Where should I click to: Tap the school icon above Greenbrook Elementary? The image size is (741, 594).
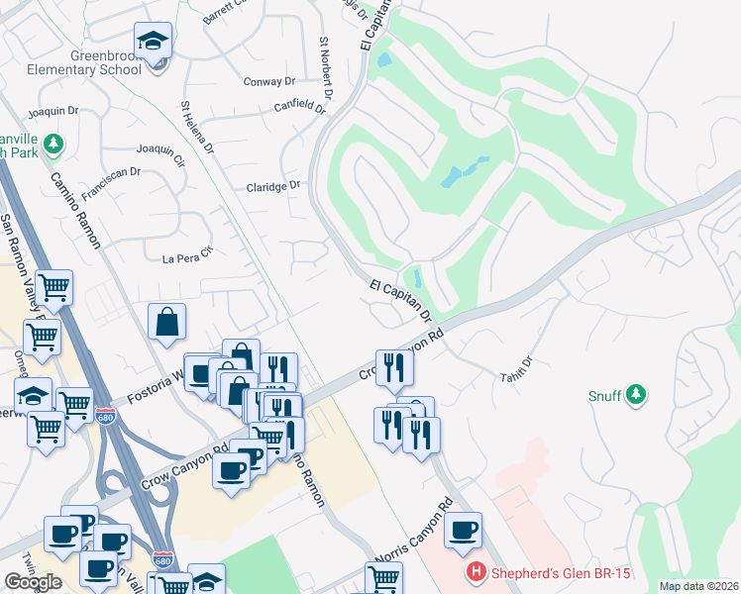click(152, 42)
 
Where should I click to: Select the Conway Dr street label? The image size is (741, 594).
click(269, 83)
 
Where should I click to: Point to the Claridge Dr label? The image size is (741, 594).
click(272, 186)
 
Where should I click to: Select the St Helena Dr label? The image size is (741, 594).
click(196, 126)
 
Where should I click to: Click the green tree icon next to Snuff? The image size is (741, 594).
click(636, 395)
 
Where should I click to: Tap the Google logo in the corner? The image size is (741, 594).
click(33, 582)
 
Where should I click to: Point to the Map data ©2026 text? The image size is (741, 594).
click(698, 586)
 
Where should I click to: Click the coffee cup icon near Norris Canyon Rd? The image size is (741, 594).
click(463, 530)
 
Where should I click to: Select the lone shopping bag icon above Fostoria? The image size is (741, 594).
click(167, 321)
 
